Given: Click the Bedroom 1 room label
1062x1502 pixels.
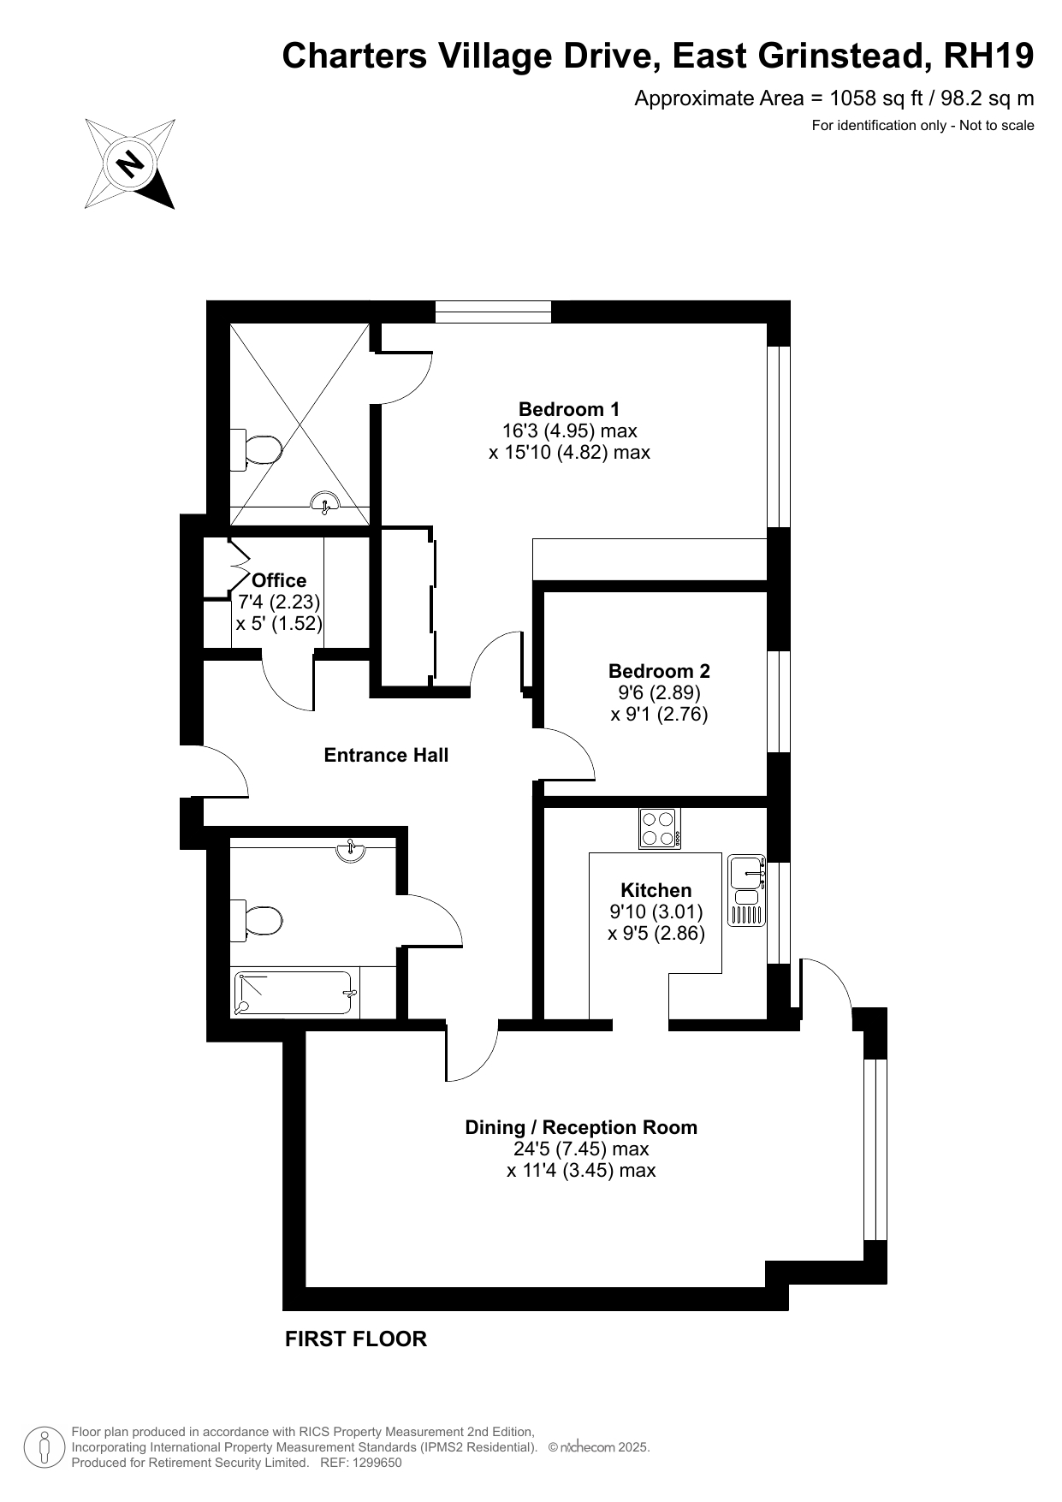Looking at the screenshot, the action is point(569,409).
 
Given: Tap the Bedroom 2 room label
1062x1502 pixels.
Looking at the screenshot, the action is point(659,671).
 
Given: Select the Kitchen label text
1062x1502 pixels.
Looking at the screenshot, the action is point(656,890).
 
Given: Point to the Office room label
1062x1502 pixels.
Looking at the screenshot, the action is point(279,580).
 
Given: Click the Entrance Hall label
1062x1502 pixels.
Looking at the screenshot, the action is point(386,755).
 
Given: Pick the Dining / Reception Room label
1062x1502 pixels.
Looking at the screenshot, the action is point(581,1127).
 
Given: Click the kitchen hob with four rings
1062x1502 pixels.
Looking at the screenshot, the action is point(660,828).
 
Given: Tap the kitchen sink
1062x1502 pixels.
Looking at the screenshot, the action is point(746,890).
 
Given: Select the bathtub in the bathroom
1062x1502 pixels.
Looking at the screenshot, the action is point(295,994).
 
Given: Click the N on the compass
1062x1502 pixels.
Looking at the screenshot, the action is point(130,163).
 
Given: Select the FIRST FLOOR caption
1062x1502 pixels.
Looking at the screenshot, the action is point(356,1339).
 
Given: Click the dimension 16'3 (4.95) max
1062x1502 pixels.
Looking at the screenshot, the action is point(569,430).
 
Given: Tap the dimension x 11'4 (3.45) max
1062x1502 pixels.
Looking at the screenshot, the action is point(581,1170).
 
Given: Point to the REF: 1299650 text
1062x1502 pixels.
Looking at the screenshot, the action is point(360,1463).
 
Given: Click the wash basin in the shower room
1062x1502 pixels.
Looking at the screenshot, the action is point(325,502).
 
